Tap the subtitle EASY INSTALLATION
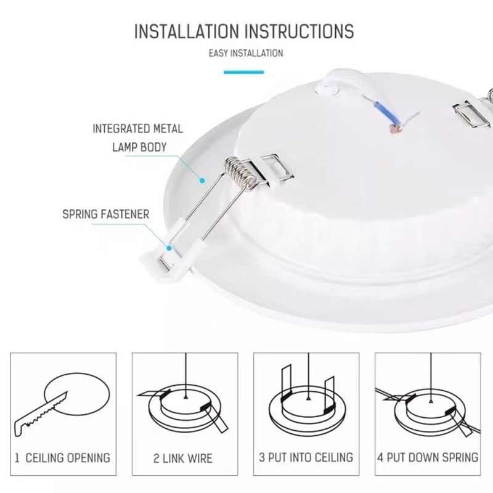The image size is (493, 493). pos(246,53)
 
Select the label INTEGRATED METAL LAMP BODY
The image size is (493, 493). pos(137,138)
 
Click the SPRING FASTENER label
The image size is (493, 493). pos(106,215)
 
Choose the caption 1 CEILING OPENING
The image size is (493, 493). pos(63,458)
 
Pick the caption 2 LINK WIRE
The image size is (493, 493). pos(183,458)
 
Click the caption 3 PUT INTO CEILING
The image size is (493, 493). pos(306,457)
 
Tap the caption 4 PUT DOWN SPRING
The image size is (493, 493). pos(428,457)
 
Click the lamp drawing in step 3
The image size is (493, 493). pos(306,407)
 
